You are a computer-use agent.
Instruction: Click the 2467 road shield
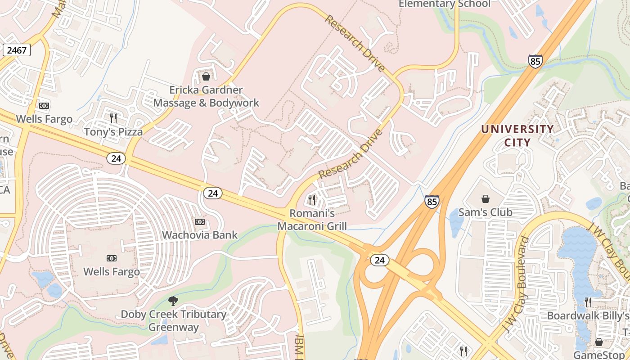click(17, 50)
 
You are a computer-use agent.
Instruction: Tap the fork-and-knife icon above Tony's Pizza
click(113, 118)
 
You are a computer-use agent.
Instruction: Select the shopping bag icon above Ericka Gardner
click(206, 76)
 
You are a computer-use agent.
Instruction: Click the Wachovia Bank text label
click(199, 235)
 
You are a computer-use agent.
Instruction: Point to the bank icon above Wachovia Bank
click(199, 222)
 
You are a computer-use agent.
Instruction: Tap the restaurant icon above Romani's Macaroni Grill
click(311, 199)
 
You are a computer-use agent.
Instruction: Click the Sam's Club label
click(485, 212)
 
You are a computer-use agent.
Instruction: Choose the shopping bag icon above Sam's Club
click(486, 199)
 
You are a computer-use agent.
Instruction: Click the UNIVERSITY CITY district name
click(517, 135)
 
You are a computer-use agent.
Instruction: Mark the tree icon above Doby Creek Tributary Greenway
click(173, 301)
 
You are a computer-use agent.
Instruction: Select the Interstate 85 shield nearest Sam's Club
click(432, 202)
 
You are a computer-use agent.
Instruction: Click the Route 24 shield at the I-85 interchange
click(380, 260)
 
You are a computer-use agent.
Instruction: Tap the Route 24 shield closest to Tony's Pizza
click(116, 158)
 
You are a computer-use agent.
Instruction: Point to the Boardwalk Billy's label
click(588, 315)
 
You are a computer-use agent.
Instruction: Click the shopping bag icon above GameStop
click(598, 342)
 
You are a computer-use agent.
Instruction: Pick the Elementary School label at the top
click(444, 4)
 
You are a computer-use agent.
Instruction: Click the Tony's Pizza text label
click(113, 132)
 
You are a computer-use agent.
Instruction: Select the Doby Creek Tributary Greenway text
click(173, 320)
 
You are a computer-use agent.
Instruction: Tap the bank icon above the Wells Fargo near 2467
click(44, 106)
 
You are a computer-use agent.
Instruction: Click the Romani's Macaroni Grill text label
click(312, 219)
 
